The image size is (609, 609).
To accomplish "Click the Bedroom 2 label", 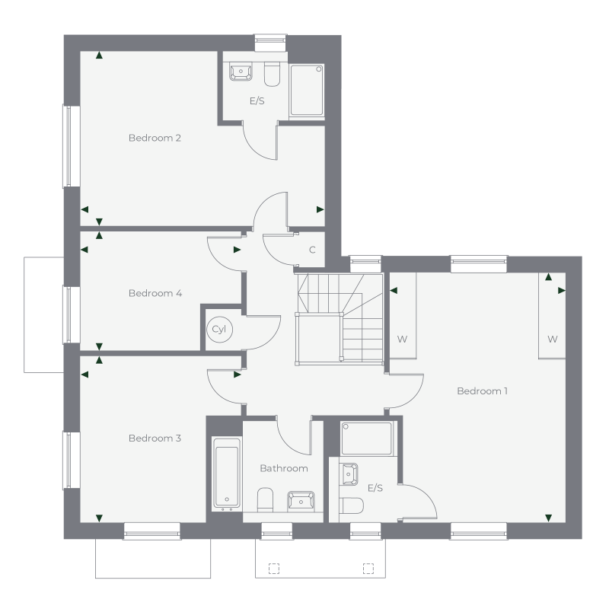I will pos(155,139).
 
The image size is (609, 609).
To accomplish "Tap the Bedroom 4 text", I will pos(155,293).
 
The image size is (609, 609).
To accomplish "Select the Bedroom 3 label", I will pos(155,438).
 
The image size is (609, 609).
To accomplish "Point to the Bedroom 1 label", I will pos(482,391).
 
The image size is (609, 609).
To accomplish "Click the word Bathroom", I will pos(283,469).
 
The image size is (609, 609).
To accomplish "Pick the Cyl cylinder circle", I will pos(219,330).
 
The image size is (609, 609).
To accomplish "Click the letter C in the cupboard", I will pos(312,250).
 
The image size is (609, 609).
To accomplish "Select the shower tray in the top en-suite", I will pos(307,90).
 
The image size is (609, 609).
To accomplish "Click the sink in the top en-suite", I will pos(241,73).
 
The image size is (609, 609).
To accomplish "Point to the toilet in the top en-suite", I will pos(272,75).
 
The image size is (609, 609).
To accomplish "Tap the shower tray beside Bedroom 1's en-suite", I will pos(366,438).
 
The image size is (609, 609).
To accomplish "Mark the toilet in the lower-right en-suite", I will pos(352,505).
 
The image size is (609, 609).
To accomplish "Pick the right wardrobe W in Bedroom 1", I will pos(552,340).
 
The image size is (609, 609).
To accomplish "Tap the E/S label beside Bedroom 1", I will pos(375,488).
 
